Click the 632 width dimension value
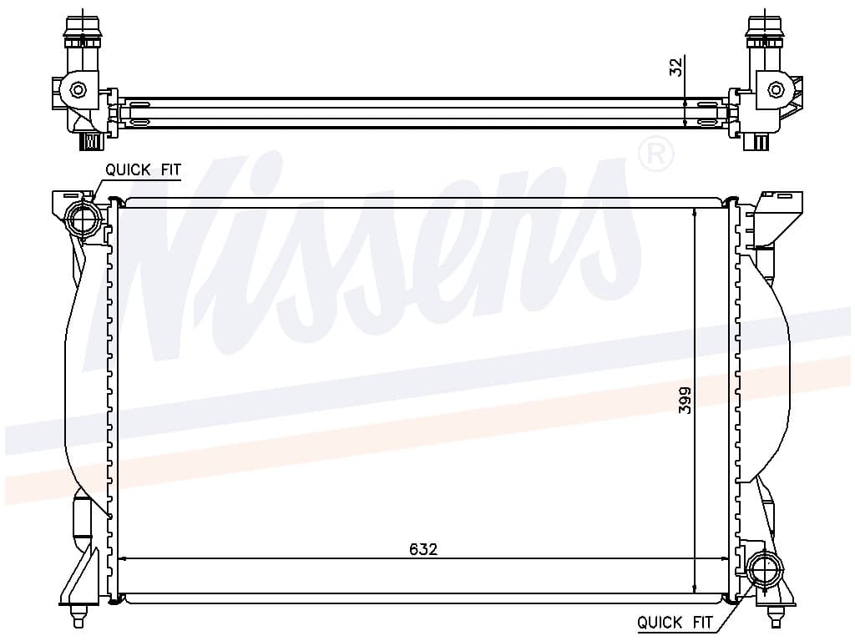pos(423,549)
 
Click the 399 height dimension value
pos(685,400)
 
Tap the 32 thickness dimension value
pos(675,67)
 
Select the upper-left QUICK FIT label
pos(143,170)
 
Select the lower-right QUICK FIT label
pos(675,622)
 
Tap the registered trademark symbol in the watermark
pos(655,154)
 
